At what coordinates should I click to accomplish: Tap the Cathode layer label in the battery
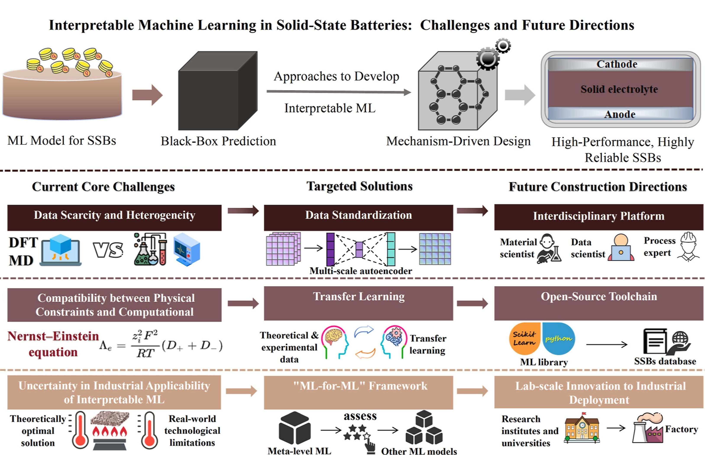[617, 64]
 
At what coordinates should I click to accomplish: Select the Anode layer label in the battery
[620, 114]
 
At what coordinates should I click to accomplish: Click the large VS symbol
[108, 250]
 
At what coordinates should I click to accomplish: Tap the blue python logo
[558, 339]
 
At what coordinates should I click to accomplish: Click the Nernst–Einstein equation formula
[161, 345]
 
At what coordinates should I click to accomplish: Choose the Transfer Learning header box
[358, 303]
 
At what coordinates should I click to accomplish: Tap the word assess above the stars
[360, 416]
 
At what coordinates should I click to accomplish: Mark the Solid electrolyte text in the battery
[619, 89]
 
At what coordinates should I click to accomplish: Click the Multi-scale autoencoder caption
[361, 271]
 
